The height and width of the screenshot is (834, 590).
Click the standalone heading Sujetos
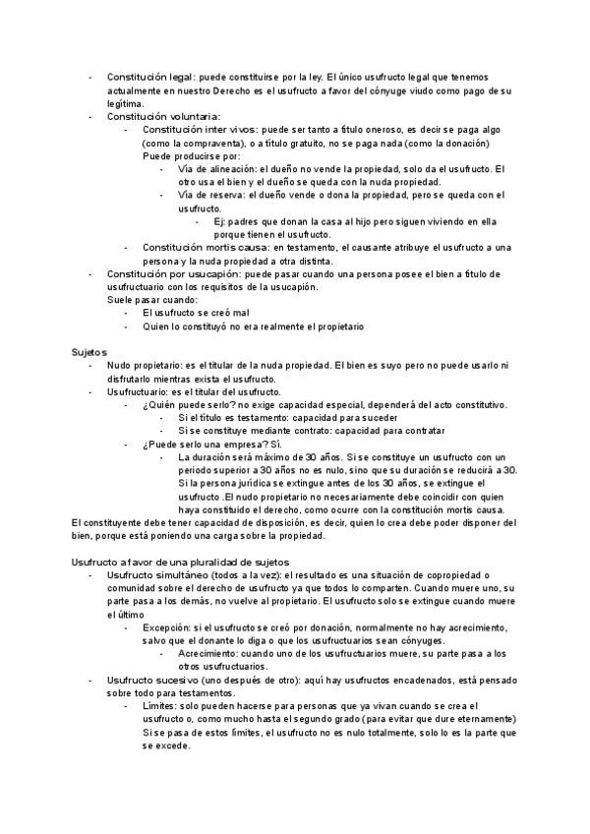88,351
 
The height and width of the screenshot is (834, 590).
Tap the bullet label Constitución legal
150,76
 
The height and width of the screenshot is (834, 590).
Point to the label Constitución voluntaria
163,116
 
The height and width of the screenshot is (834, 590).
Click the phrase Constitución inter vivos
200,129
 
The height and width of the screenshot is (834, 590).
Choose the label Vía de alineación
217,169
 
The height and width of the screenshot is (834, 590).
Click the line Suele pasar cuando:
152,299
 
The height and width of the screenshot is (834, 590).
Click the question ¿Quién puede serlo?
184,404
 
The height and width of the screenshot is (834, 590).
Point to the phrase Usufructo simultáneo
157,574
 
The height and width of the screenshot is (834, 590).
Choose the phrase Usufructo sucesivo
151,680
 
